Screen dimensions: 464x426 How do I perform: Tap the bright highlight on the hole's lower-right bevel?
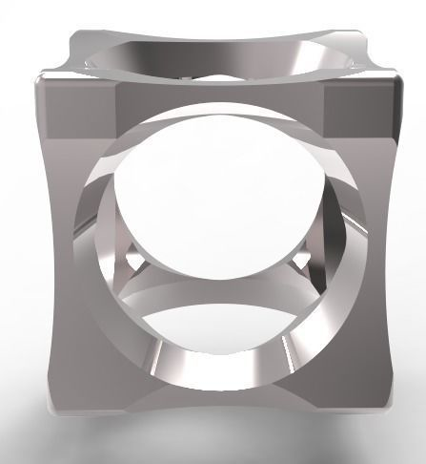click(284, 353)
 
